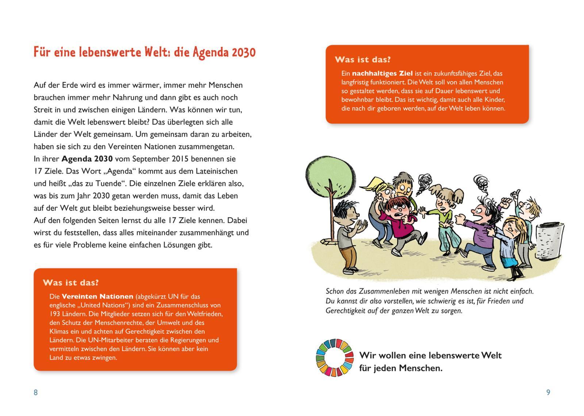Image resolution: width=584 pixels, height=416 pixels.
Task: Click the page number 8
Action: point(36,392)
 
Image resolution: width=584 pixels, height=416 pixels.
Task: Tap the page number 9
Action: point(548,392)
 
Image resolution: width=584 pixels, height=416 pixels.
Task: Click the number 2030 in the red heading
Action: point(243,53)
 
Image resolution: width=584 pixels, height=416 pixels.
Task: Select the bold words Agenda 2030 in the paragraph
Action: point(87,159)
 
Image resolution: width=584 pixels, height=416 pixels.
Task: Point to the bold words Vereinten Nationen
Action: point(97,296)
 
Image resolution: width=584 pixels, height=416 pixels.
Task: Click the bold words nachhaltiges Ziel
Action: point(382,73)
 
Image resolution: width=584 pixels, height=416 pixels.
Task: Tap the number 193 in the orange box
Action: point(55,314)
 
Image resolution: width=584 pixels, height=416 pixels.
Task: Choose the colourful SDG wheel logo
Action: point(334,358)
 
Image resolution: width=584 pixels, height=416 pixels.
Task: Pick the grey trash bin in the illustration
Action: point(549,240)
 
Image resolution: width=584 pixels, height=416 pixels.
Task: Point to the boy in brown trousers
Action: point(347,238)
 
